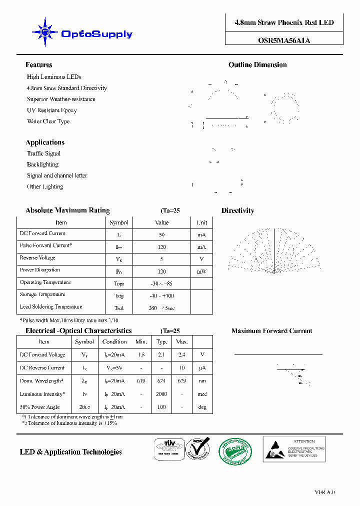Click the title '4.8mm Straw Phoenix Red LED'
point(284,23)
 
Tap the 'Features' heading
point(38,65)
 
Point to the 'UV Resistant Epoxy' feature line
point(51,110)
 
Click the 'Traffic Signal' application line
point(43,153)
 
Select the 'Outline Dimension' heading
point(257,65)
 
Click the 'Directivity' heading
point(237,211)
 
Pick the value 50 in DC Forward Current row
point(161,234)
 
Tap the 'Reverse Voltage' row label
point(37,258)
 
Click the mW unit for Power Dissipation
point(201,271)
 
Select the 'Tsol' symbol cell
point(118,308)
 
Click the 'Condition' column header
point(114,342)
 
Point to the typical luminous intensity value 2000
point(161,394)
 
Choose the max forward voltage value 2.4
point(181,355)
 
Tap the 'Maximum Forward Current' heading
point(271,331)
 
